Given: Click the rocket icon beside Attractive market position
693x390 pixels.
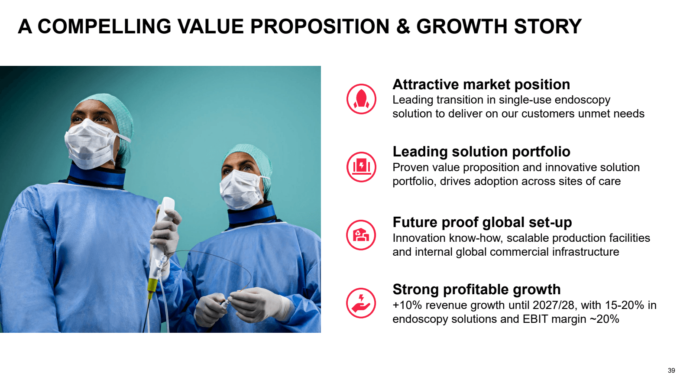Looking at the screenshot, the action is coord(361,99).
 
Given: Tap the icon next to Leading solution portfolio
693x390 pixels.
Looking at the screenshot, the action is coord(361,167).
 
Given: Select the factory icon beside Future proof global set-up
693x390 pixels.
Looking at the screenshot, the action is coord(361,235).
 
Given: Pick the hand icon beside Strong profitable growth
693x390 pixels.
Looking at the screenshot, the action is coord(361,303).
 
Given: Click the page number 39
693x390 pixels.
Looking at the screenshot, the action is coord(671,370).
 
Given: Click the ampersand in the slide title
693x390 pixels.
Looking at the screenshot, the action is coord(403,26).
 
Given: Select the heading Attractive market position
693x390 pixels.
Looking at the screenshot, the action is coord(481,84).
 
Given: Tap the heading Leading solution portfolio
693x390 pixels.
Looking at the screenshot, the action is coord(481,152).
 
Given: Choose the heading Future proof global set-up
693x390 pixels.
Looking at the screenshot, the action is coord(483,222).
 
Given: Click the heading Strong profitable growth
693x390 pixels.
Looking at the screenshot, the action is coord(476,290).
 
